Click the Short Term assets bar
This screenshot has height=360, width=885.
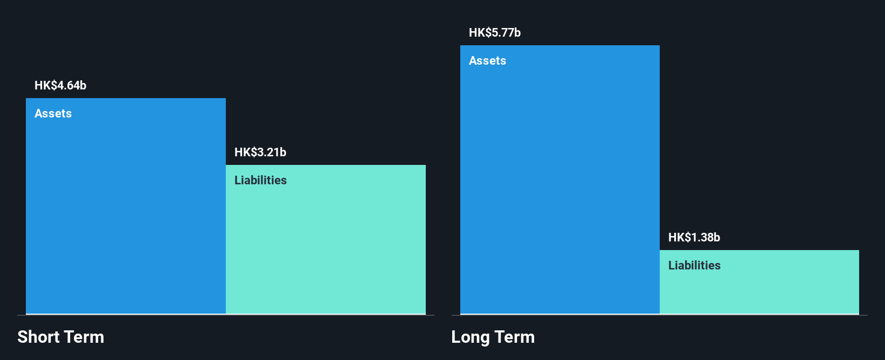[126, 206]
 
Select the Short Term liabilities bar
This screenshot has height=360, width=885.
[326, 239]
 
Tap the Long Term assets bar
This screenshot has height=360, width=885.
[560, 179]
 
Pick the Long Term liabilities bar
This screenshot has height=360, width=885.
[759, 282]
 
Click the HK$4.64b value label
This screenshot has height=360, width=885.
[60, 85]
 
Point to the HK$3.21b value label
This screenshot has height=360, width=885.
[260, 152]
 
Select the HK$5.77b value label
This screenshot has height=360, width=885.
[495, 32]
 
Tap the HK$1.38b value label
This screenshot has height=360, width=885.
[694, 237]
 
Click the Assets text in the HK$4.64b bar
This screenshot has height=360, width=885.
[53, 113]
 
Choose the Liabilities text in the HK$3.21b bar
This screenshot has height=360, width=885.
[260, 180]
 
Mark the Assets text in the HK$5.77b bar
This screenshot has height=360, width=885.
[487, 60]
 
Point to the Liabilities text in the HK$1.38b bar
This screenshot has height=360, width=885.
[694, 265]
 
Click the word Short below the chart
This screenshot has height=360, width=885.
[38, 337]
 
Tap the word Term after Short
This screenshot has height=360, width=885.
[84, 337]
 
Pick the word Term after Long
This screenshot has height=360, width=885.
[514, 337]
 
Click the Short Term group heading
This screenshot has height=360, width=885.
[61, 337]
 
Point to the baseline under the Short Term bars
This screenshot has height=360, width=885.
[226, 315]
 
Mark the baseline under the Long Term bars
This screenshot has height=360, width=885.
[659, 315]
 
